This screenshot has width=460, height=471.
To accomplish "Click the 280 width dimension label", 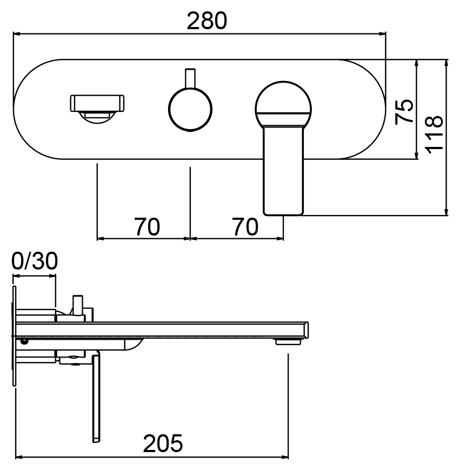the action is pos(207,21).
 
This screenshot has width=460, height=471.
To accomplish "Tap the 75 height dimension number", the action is pos(404,111).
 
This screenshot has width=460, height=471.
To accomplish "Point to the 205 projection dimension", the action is pos(163,443).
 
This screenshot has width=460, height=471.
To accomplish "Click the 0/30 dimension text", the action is pos(35,261).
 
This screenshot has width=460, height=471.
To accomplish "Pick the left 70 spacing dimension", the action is pos(146,227).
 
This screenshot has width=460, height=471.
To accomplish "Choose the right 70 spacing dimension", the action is pos(245,227).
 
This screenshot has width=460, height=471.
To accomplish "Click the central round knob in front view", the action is pos(190,109).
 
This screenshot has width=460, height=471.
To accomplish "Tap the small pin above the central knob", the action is pos(190,78).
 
